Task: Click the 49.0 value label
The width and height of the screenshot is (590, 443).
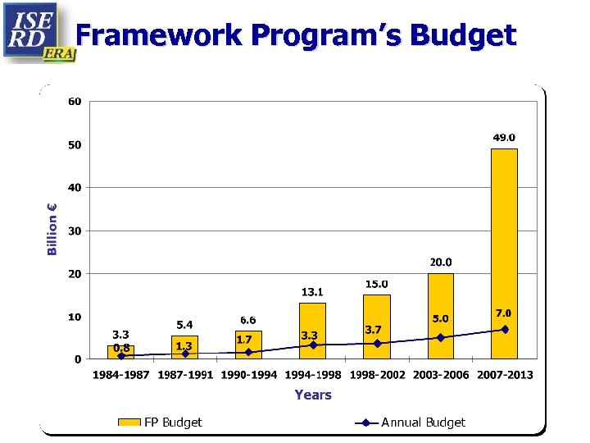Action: [504, 138]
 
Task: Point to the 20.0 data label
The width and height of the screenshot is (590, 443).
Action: [441, 263]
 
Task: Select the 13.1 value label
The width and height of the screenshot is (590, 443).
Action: [312, 291]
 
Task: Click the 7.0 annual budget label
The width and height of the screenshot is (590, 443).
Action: [503, 313]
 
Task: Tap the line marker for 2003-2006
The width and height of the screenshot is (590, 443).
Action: [441, 337]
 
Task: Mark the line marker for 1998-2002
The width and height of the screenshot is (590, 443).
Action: [377, 343]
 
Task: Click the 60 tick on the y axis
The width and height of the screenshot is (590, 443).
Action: [75, 102]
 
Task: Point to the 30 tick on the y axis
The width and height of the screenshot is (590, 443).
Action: [75, 231]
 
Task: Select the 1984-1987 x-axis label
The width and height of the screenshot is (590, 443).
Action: [120, 375]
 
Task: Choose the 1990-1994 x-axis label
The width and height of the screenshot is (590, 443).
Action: [249, 375]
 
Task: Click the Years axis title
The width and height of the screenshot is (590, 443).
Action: [313, 395]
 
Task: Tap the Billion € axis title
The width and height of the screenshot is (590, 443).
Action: [52, 229]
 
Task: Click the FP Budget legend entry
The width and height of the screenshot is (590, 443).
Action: [161, 422]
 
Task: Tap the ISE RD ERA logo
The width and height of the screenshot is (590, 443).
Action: [38, 32]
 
